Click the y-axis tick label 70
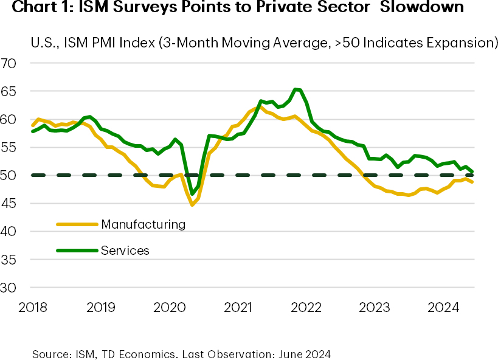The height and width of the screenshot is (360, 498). click(x=11, y=63)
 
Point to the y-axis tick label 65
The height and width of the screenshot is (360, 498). click(x=11, y=91)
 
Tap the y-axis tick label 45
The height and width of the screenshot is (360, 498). click(x=11, y=204)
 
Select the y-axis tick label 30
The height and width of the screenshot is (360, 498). click(x=11, y=288)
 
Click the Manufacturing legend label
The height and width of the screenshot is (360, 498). click(x=144, y=224)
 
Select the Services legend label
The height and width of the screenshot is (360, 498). click(x=125, y=251)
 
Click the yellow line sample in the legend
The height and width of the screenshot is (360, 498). click(x=77, y=224)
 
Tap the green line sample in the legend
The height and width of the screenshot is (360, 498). click(x=77, y=251)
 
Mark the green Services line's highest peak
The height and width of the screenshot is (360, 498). click(x=296, y=89)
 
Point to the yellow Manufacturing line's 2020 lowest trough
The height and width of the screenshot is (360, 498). click(x=192, y=204)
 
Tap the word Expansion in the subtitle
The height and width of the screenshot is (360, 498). click(x=462, y=43)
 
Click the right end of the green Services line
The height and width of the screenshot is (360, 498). click(x=472, y=172)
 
